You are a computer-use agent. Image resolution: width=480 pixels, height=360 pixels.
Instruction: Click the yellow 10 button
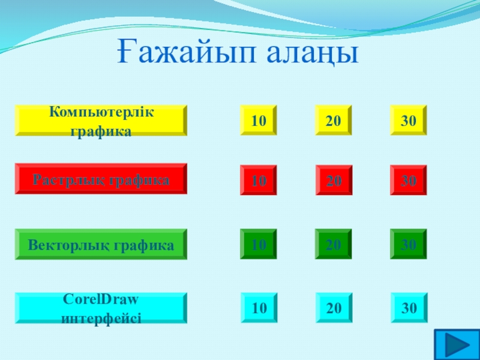259,120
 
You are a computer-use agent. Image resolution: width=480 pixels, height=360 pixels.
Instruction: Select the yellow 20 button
334,120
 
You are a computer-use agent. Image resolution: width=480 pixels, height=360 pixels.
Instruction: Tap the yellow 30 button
409,120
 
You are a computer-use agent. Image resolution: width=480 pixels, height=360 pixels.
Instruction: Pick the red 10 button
259,180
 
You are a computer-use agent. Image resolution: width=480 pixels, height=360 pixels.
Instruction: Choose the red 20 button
334,180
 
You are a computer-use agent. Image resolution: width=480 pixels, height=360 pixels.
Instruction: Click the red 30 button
409,180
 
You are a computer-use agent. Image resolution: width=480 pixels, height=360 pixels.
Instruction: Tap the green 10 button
259,244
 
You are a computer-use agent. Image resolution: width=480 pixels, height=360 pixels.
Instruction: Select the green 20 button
334,244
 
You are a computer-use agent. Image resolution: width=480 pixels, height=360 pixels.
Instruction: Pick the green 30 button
409,244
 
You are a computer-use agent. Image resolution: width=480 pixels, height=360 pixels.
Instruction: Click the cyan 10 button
259,308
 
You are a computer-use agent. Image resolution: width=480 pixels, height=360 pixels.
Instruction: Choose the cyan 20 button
334,308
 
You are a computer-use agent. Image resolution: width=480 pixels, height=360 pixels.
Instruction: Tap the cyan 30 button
409,308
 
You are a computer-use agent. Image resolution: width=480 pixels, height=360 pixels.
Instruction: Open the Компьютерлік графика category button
101,121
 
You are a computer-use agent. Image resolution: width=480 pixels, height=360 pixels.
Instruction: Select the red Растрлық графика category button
101,179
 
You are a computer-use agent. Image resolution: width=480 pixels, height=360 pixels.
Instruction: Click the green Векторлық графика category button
101,244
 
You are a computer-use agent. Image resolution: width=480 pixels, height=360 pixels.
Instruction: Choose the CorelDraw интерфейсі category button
101,308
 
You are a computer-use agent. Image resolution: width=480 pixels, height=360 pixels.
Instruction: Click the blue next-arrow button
457,344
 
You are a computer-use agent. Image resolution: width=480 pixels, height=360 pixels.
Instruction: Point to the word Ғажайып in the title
186,52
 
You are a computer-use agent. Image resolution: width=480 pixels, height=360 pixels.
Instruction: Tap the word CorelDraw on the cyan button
101,299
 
